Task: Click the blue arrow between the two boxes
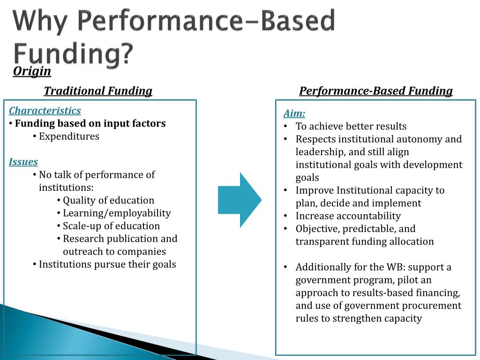click(239, 200)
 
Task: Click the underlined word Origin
click(32, 71)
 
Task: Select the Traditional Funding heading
click(98, 91)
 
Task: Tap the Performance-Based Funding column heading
click(376, 91)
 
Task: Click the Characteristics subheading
click(45, 111)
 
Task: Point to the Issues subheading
click(23, 162)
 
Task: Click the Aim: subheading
click(294, 114)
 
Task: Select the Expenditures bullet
click(69, 136)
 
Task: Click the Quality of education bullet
click(108, 201)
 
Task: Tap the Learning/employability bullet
click(117, 213)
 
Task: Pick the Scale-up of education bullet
click(111, 226)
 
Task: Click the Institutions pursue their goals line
click(107, 264)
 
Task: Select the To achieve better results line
click(351, 127)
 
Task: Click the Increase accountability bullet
click(348, 216)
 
